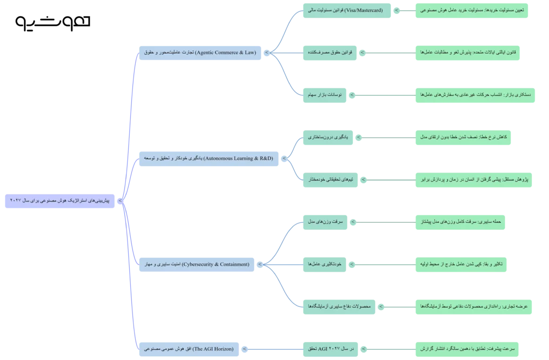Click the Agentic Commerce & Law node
pyautogui.click(x=200, y=53)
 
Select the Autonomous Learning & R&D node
pyautogui.click(x=209, y=159)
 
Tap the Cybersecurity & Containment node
pyautogui.click(x=196, y=265)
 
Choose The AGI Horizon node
pyautogui.click(x=189, y=349)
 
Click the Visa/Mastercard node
pyautogui.click(x=347, y=11)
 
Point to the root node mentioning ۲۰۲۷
pyautogui.click(x=60, y=201)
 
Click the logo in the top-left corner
pyautogui.click(x=53, y=23)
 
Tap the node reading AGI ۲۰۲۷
pyautogui.click(x=330, y=349)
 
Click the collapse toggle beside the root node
pyautogui.click(x=120, y=201)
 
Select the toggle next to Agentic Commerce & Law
pyautogui.click(x=267, y=53)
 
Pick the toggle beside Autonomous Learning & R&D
pyautogui.click(x=284, y=159)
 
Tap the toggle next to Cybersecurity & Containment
pyautogui.click(x=260, y=265)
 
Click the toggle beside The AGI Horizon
pyautogui.click(x=244, y=349)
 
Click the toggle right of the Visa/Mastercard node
pyautogui.click(x=396, y=11)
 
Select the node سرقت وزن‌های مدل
pyautogui.click(x=325, y=222)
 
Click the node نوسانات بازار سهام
pyautogui.click(x=324, y=95)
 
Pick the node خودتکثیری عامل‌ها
pyautogui.click(x=324, y=265)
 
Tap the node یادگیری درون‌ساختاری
pyautogui.click(x=328, y=138)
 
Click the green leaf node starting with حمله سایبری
pyautogui.click(x=460, y=222)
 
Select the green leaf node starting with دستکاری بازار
pyautogui.click(x=475, y=95)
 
